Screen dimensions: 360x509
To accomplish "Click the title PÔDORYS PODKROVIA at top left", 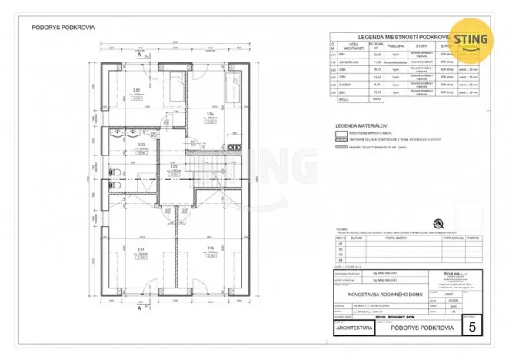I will [63, 27].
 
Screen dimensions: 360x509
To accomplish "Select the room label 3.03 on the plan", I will [137, 91].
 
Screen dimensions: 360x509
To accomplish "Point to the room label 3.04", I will [209, 113].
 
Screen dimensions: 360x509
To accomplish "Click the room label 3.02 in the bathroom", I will [141, 144].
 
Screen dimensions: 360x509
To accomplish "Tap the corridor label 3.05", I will [174, 166].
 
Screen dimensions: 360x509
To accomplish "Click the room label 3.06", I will [210, 248].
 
